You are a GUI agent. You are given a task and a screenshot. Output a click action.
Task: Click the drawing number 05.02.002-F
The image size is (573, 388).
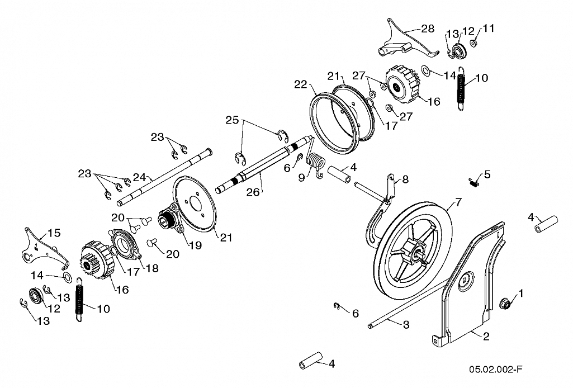point(495,370)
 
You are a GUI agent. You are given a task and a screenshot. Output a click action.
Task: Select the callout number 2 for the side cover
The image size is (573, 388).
point(486,336)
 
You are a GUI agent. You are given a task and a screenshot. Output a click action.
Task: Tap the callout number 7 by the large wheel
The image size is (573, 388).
point(458,202)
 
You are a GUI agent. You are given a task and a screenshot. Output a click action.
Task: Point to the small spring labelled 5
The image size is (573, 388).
point(474,182)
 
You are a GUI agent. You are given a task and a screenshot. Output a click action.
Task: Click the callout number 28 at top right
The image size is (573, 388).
point(428,29)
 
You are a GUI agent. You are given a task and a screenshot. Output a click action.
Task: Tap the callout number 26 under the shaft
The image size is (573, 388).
point(253,192)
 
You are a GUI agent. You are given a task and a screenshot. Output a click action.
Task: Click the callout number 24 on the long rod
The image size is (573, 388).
point(139,178)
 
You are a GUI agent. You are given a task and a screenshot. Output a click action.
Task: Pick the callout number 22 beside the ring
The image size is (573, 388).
point(301,84)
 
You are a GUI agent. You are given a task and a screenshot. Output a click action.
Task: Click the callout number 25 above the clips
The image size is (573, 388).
point(232,120)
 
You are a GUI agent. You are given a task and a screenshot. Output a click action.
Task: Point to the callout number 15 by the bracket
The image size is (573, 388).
point(54,233)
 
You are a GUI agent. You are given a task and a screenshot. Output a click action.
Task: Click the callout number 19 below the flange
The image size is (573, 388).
point(196,245)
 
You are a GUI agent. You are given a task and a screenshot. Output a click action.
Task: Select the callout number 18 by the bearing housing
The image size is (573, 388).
point(152,268)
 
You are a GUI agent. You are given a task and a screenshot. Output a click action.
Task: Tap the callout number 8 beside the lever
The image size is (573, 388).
point(405,179)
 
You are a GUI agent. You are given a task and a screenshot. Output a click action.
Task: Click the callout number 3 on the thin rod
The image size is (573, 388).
point(406,324)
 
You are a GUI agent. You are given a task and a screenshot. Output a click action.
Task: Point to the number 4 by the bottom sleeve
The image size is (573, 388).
point(332,363)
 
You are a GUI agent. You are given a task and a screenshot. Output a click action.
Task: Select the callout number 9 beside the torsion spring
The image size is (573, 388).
point(301,178)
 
